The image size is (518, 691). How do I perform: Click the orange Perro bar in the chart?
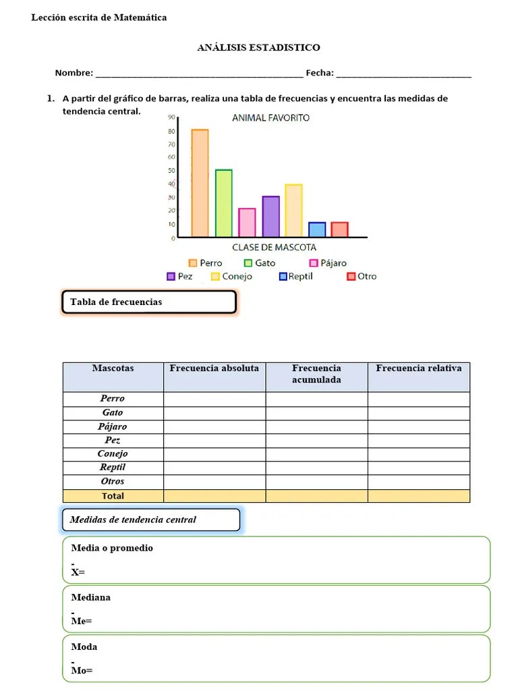[x=200, y=183]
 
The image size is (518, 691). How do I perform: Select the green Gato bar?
[x=224, y=203]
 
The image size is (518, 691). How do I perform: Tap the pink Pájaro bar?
[x=247, y=223]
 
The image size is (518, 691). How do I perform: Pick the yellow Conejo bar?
[x=293, y=211]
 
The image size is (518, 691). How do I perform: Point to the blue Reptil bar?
[x=317, y=229]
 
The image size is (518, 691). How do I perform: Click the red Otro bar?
[x=340, y=229]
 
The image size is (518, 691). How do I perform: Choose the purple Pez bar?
[x=270, y=217]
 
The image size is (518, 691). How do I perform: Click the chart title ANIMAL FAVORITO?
[x=270, y=117]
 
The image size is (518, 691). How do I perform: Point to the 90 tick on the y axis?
[x=171, y=117]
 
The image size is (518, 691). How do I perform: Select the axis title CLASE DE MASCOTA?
[x=274, y=248]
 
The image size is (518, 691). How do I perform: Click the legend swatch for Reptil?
[x=283, y=277]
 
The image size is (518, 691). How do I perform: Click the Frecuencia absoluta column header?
[x=214, y=368]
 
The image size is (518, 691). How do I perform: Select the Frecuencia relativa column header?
[x=418, y=368]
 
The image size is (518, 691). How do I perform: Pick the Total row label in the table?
[x=113, y=496]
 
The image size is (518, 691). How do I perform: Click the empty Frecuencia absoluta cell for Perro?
[x=214, y=399]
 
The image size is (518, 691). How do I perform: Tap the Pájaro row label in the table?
[x=113, y=426]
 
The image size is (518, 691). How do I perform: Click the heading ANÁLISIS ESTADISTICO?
[x=258, y=47]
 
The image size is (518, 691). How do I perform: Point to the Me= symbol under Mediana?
[x=81, y=621]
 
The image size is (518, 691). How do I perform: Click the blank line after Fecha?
[x=403, y=74]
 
